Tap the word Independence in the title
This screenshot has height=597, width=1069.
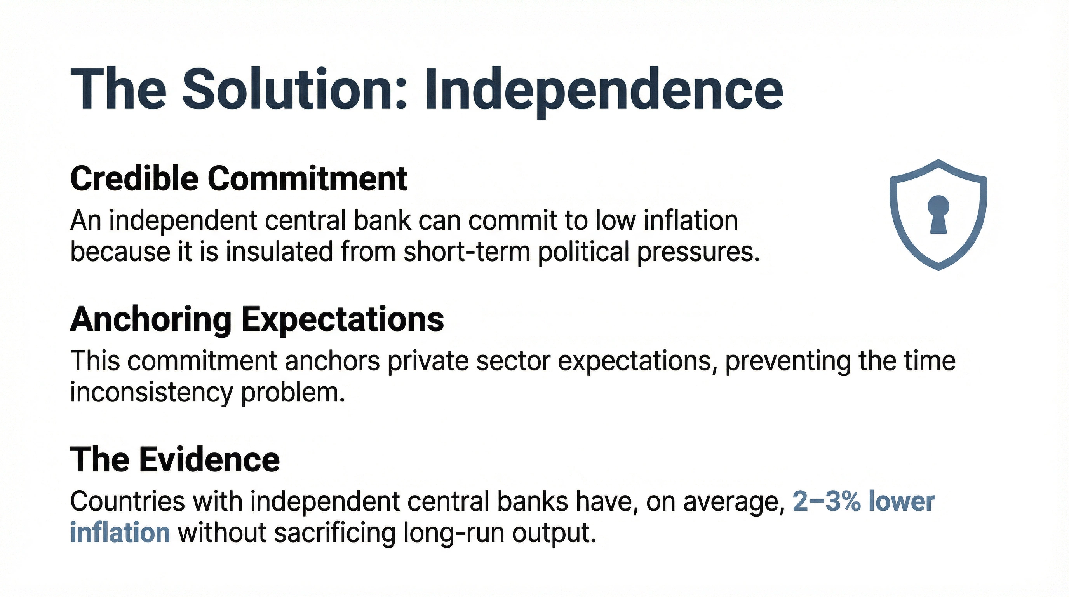[x=604, y=90]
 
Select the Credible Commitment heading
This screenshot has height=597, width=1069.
[x=239, y=178]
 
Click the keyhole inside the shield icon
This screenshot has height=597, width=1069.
[x=938, y=214]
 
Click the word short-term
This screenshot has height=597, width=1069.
[x=467, y=252]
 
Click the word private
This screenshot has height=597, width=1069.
[x=428, y=361]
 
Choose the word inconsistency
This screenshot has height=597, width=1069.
[x=151, y=393]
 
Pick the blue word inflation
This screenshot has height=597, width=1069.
[x=120, y=532]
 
